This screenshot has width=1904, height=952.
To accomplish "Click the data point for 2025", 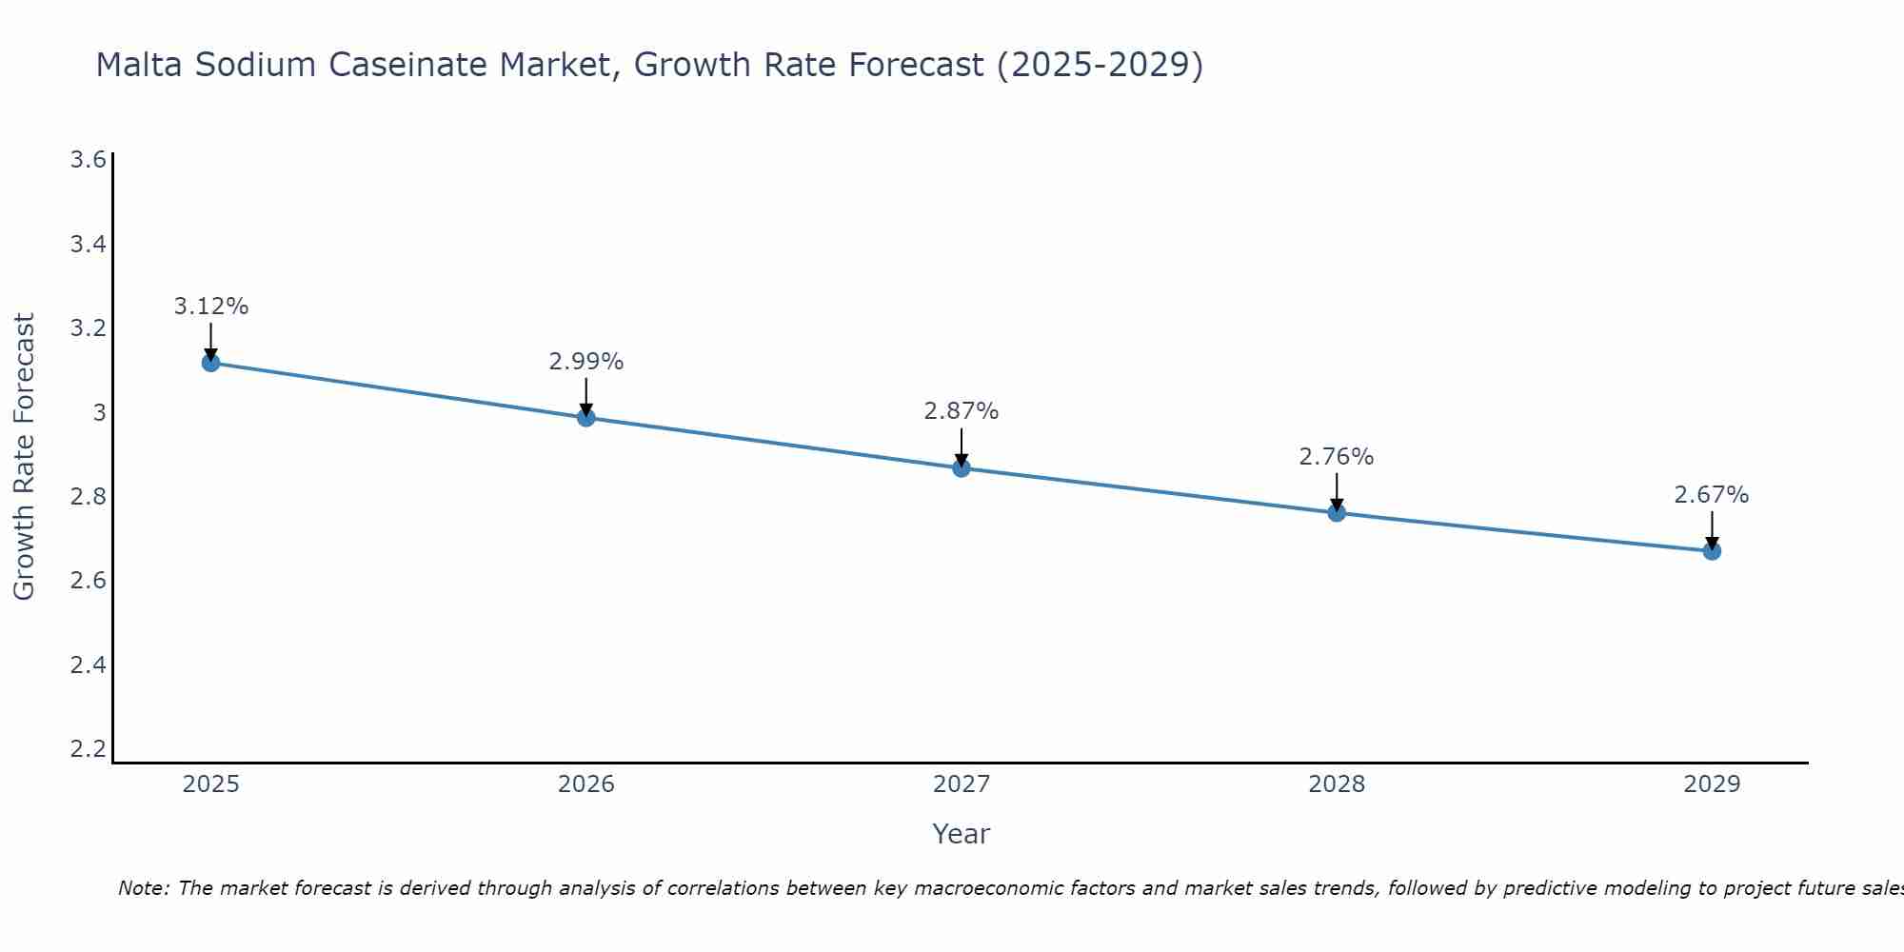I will (x=211, y=363).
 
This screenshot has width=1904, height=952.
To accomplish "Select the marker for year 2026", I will (x=586, y=418).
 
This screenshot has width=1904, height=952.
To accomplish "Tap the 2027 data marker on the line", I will (x=962, y=468).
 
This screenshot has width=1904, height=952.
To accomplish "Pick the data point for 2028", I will (x=1337, y=513).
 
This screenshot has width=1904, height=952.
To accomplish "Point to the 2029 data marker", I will (x=1712, y=551).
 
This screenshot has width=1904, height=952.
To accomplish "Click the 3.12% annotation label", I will (x=211, y=307).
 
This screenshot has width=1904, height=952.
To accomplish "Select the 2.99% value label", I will (x=586, y=362).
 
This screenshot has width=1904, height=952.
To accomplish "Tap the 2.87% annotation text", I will (x=962, y=411).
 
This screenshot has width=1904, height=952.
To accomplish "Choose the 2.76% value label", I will (x=1337, y=457).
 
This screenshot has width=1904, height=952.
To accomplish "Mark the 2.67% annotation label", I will (x=1712, y=495).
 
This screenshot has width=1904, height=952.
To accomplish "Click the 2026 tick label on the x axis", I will (x=586, y=784).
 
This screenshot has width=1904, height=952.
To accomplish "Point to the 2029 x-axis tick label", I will (x=1712, y=784).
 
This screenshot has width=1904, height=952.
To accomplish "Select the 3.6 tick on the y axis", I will (x=89, y=160).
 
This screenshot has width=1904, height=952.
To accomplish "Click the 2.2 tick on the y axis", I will (x=89, y=748).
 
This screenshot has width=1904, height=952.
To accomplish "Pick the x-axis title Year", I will (x=962, y=834).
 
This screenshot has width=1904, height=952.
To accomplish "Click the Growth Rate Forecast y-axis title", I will (x=24, y=456).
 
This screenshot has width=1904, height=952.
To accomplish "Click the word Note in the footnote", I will (x=142, y=888).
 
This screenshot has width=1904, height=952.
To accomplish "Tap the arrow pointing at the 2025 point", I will (x=211, y=341).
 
